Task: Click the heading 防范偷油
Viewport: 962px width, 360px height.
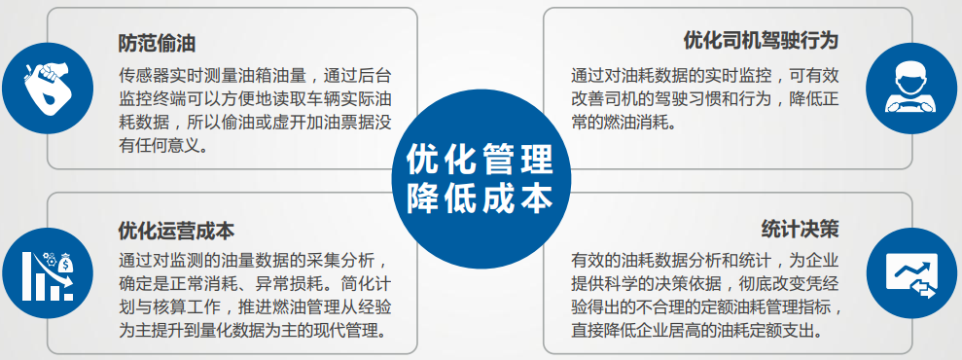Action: tap(157, 44)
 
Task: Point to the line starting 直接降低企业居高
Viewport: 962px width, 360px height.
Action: tap(696, 331)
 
